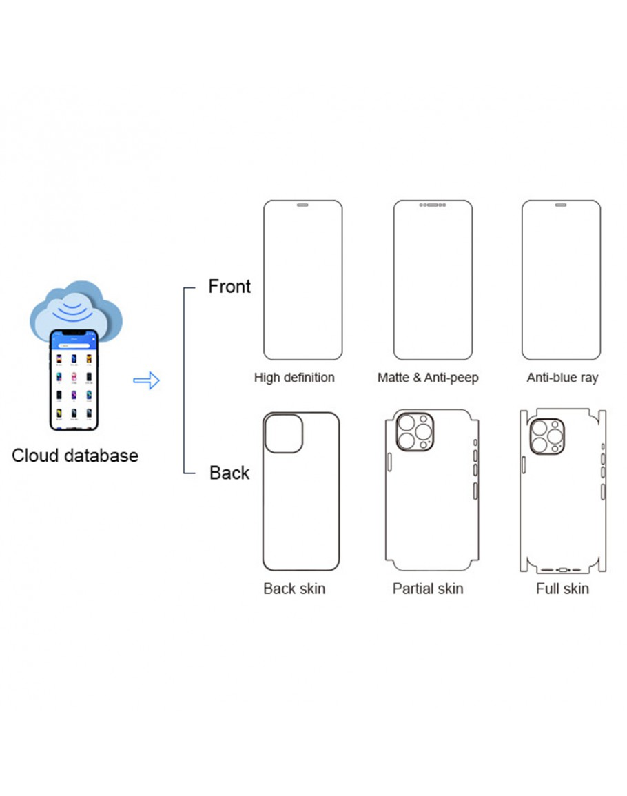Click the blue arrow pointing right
(x=146, y=380)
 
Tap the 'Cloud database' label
(x=74, y=456)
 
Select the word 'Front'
(x=229, y=286)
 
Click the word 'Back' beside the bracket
(x=229, y=473)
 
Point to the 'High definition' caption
(x=294, y=378)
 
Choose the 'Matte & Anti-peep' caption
(x=428, y=378)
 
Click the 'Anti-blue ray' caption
(x=562, y=378)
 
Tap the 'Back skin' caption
(x=294, y=589)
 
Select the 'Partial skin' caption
(x=428, y=589)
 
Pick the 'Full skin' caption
(x=562, y=589)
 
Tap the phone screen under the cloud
(x=73, y=382)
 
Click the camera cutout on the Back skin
(x=284, y=434)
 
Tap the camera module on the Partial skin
(x=415, y=432)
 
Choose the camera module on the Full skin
(x=547, y=436)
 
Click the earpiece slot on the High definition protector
(x=302, y=205)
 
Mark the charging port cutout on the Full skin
(x=562, y=570)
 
